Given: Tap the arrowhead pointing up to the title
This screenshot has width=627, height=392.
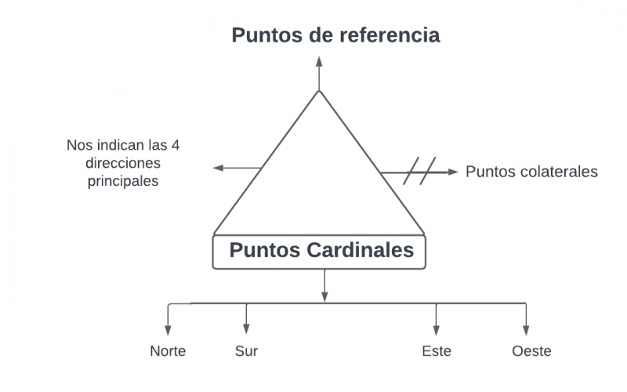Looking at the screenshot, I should coord(319,61).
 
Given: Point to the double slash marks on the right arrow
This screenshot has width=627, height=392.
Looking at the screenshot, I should coord(419,171).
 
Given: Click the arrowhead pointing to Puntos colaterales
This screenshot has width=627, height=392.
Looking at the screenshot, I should coord(452,171).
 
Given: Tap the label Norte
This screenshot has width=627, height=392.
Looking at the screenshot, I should coord(168,351).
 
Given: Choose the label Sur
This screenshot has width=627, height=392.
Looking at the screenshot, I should coord(246,351).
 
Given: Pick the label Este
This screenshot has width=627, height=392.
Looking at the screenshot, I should coord(437,351).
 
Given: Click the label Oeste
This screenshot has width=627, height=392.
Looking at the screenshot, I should coord(531,351).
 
